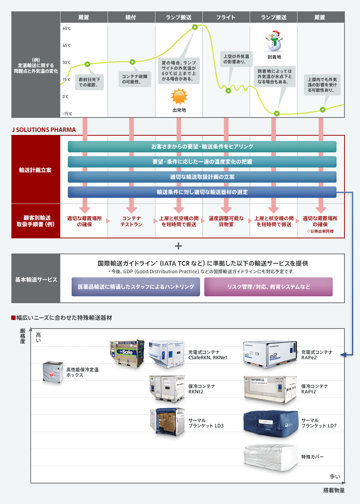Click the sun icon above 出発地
point(179,96)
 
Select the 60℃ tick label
point(67,28)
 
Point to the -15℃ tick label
point(67,114)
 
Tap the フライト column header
point(226,17)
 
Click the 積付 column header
point(131,17)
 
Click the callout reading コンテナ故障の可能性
point(135,79)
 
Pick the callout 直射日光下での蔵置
point(89,82)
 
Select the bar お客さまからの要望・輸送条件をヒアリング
point(202,147)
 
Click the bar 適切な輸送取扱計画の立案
point(202,177)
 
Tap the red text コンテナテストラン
point(131,221)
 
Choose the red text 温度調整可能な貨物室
point(226,221)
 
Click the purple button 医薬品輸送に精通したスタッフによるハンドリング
point(136,287)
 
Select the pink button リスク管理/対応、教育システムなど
point(268,287)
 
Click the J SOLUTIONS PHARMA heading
point(44,130)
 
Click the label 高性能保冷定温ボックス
point(82,372)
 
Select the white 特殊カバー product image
point(270,457)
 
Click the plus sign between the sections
point(178,246)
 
